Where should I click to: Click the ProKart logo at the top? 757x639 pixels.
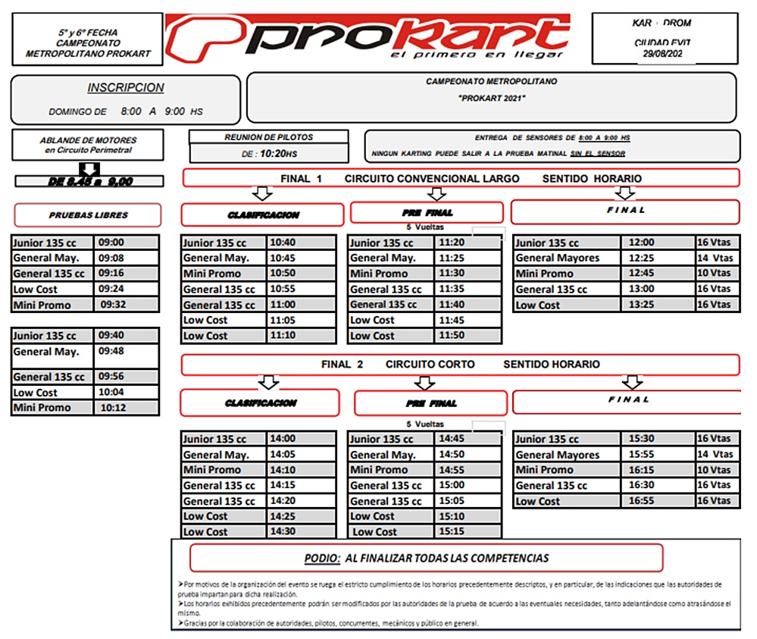(368, 38)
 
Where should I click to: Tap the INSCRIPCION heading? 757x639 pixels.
(125, 88)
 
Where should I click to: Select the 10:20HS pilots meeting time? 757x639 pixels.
(277, 153)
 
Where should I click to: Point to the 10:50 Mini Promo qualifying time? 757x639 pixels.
(282, 274)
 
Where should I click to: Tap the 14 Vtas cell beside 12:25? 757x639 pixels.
(714, 258)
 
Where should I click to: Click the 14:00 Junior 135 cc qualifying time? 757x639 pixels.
(282, 439)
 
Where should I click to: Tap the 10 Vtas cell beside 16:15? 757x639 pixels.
(714, 470)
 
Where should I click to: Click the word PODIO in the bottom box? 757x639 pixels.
(321, 559)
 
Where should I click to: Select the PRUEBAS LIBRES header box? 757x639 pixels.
(88, 215)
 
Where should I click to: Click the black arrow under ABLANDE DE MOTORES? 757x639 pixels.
(89, 169)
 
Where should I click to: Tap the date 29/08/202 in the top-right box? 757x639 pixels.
(662, 55)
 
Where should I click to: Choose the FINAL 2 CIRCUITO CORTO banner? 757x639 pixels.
(460, 365)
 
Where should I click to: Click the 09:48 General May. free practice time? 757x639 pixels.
(111, 352)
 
